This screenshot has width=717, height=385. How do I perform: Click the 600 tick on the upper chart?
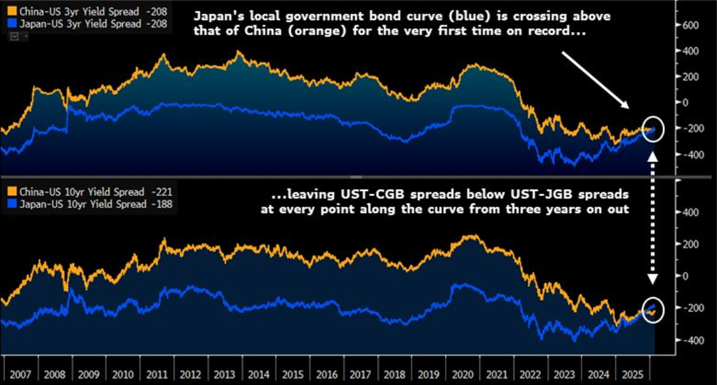click(692, 25)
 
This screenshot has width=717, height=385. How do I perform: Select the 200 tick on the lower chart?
click(692, 244)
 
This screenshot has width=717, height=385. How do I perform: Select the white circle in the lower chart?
click(652, 309)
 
